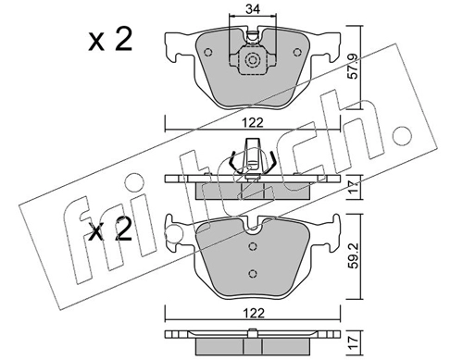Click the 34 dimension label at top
[253, 9]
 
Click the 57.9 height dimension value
[353, 67]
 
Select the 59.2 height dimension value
[353, 256]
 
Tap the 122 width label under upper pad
[253, 123]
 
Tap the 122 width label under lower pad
[253, 313]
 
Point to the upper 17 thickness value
[353, 187]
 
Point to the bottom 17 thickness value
[353, 342]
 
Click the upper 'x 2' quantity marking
[110, 39]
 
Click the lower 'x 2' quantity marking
[110, 230]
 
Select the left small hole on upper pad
[208, 52]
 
